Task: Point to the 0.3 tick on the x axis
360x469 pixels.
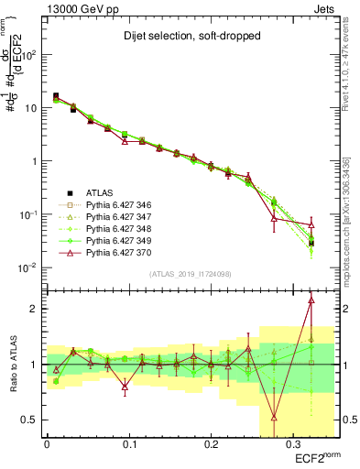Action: pos(292,442)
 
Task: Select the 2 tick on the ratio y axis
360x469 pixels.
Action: pos(36,309)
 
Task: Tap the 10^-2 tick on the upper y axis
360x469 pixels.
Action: pos(30,267)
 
